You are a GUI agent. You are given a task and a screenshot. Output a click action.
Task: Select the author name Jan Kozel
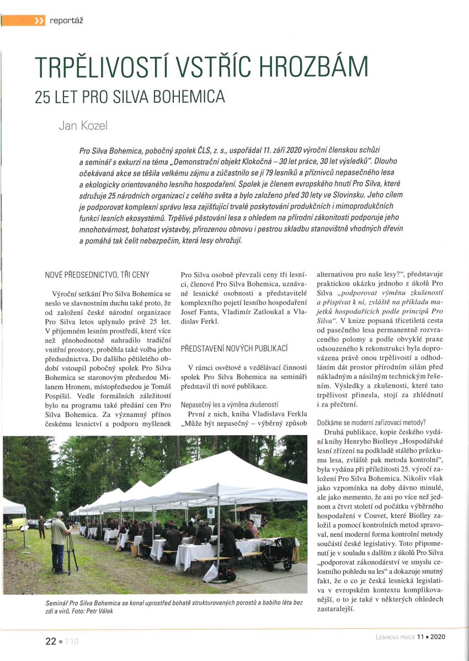[x=83, y=125]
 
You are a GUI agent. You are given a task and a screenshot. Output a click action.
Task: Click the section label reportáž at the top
[x=67, y=21]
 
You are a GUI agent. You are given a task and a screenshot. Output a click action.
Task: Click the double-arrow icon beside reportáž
[x=39, y=21]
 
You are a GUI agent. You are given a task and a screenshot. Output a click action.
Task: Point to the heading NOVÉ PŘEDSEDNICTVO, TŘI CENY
[x=97, y=274]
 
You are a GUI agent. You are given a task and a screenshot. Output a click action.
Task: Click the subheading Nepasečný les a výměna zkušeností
[x=230, y=405]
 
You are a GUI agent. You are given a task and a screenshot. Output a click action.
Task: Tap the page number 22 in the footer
[x=51, y=641]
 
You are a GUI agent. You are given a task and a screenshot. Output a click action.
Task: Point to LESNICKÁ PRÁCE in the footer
[x=392, y=636]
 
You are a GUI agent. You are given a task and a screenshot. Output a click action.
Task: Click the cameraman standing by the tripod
[x=58, y=540]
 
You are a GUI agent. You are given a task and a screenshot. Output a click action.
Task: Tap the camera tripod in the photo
[x=72, y=552]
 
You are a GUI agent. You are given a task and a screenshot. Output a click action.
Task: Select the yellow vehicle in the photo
[x=15, y=523]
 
